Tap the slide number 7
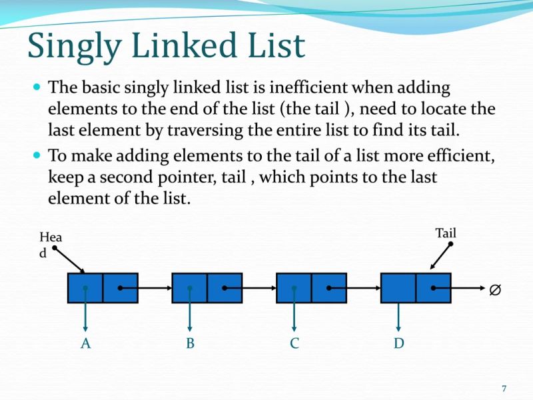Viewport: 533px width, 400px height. pyautogui.click(x=504, y=389)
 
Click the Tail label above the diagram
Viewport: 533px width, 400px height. pyautogui.click(x=446, y=233)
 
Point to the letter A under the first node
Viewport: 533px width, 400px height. pyautogui.click(x=85, y=343)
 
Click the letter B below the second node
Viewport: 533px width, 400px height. pyautogui.click(x=190, y=343)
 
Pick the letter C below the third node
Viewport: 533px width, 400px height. pyautogui.click(x=294, y=343)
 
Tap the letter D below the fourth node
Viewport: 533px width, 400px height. pyautogui.click(x=398, y=343)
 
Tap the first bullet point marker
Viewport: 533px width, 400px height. pyautogui.click(x=37, y=87)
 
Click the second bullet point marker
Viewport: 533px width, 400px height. pyautogui.click(x=37, y=155)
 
